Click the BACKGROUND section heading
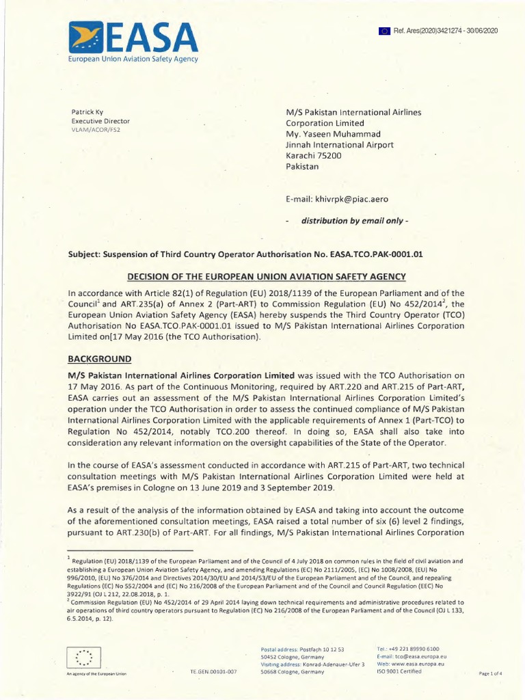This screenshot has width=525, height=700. click(x=98, y=359)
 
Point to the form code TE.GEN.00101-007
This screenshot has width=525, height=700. click(x=213, y=672)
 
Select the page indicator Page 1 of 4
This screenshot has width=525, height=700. click(x=491, y=673)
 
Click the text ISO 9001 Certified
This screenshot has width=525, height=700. click(x=399, y=671)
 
